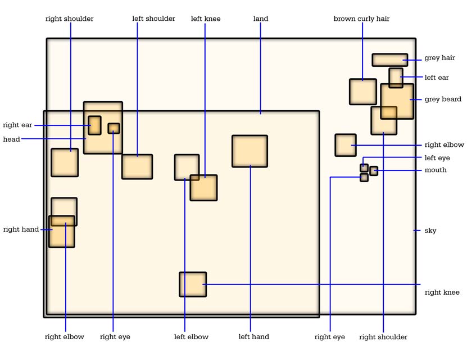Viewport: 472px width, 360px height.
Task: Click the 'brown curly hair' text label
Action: coord(361,19)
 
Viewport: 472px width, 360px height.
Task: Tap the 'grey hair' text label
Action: coord(439,58)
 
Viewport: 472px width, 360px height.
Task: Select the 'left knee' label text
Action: coord(206,19)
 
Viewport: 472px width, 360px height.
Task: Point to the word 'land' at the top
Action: coord(261,19)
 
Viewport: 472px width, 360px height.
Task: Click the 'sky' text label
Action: coord(430,231)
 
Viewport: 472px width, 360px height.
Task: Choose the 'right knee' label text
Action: coord(442,292)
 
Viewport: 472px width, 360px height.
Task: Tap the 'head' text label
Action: coord(11,139)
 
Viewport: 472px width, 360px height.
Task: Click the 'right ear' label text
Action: coord(17,125)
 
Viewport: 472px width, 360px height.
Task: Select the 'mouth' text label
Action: coord(435,170)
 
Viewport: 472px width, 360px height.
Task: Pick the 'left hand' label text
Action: coord(254,336)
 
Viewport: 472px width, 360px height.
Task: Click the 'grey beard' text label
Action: coord(443,99)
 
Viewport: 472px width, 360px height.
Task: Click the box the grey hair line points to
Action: coord(390,60)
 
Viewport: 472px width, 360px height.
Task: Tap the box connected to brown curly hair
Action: coord(363,92)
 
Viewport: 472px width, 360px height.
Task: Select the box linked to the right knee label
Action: coord(193,285)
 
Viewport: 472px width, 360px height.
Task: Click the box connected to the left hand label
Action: coord(249,151)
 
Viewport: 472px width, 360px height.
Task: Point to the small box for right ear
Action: coord(94,125)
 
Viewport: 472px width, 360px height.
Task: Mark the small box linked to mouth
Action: coord(374,171)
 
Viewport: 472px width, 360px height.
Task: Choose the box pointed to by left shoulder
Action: coord(137,167)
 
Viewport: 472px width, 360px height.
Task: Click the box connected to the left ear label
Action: coord(396,78)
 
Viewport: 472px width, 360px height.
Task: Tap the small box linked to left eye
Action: coord(364,168)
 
